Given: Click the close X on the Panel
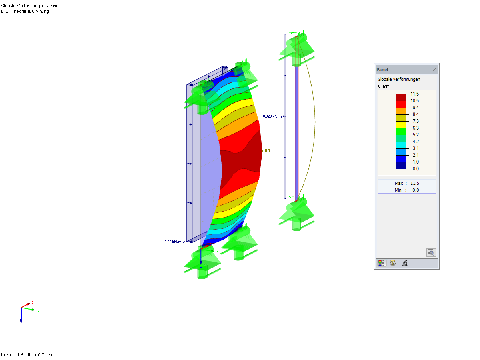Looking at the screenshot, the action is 434,69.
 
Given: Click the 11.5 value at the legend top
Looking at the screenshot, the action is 414,94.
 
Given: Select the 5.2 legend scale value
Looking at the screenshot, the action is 416,135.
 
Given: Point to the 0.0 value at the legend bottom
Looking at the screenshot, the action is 416,168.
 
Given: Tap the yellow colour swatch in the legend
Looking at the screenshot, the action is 401,125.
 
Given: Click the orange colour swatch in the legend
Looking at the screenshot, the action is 401,111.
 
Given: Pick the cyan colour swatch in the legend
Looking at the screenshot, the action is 401,145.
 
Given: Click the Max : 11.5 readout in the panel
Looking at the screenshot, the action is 407,183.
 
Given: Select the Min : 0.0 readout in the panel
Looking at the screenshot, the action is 407,190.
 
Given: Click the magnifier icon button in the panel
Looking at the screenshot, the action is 431,252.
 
